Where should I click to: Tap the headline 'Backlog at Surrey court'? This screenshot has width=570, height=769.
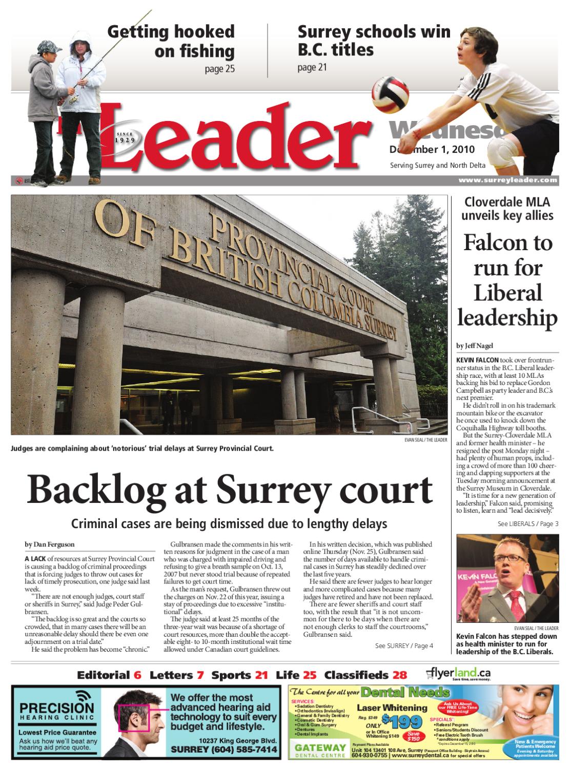click(230, 490)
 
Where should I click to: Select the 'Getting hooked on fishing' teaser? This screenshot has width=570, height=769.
click(171, 42)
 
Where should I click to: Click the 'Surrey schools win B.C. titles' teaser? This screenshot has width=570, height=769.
click(374, 41)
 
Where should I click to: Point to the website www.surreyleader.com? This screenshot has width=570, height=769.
click(507, 180)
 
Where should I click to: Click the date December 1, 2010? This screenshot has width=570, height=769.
click(432, 149)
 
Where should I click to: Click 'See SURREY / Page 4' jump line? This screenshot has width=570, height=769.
click(404, 645)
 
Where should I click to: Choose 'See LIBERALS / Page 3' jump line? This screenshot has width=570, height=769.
click(527, 523)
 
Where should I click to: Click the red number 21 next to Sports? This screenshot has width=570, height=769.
click(261, 675)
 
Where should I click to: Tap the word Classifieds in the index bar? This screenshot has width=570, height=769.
click(357, 675)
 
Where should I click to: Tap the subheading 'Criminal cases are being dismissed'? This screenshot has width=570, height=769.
click(229, 524)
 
